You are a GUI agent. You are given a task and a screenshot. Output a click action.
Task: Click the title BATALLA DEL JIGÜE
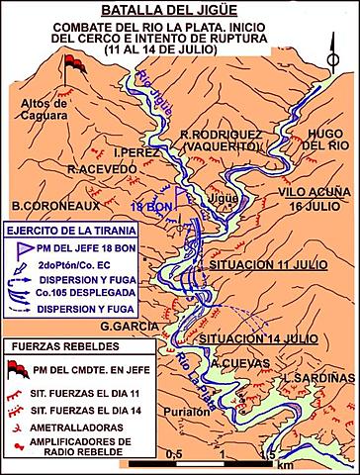[x=180, y=9]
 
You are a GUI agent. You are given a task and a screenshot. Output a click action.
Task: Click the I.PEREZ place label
[x=135, y=153]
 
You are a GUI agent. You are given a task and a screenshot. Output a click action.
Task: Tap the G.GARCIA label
[x=134, y=325]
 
